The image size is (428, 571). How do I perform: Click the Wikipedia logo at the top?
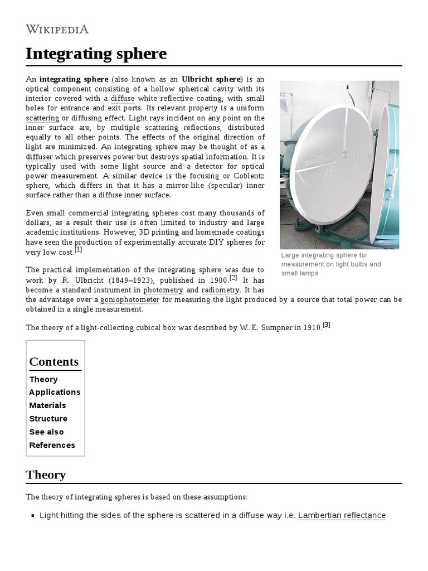(57, 30)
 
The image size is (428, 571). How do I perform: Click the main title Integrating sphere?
(96, 54)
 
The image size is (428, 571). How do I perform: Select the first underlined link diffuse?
(123, 98)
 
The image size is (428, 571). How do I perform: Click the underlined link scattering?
(42, 118)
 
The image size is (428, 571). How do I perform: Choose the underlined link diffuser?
(40, 157)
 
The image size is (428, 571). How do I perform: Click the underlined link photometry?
(163, 290)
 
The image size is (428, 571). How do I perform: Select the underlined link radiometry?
(220, 290)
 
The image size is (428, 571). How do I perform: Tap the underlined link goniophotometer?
(129, 299)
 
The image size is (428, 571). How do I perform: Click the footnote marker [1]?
(79, 250)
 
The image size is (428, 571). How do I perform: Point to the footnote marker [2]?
(233, 278)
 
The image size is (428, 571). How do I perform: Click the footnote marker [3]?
(327, 325)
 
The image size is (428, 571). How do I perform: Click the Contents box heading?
(54, 361)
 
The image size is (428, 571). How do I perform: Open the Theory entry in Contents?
(43, 379)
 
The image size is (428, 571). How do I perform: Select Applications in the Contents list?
(55, 392)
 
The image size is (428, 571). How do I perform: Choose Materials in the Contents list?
(47, 405)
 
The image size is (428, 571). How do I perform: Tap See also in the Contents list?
(46, 432)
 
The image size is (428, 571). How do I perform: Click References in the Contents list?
(52, 445)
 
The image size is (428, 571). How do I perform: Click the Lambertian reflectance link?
(342, 515)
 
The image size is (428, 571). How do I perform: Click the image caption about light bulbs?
(331, 264)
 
